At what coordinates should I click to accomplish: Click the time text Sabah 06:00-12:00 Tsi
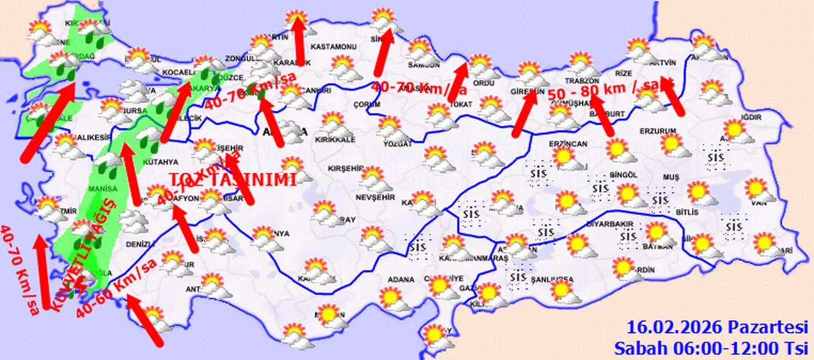[710, 347]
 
